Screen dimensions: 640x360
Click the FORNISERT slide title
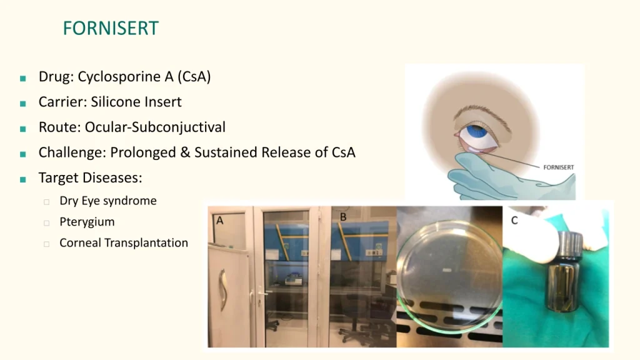(111, 28)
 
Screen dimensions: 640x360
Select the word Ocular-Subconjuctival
(155, 127)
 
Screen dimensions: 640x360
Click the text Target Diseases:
(90, 178)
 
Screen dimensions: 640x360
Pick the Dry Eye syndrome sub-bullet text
(108, 201)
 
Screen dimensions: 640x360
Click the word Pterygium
(87, 222)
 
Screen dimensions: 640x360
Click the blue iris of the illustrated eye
(476, 132)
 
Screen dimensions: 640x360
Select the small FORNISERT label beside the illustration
(558, 167)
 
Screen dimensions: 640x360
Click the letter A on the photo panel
(219, 221)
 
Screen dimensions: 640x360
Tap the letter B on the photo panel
(343, 217)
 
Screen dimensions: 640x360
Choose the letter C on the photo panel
(514, 221)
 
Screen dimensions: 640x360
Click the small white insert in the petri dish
(447, 270)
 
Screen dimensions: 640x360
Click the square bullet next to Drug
(23, 78)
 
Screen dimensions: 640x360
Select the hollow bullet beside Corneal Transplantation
(46, 244)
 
